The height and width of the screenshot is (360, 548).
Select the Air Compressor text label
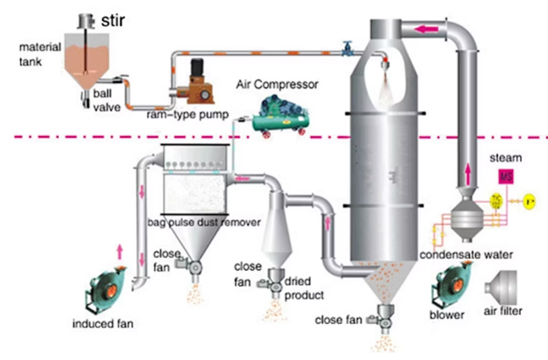click(x=276, y=85)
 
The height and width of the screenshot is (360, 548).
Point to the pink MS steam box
click(x=505, y=177)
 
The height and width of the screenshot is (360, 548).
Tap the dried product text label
click(x=304, y=288)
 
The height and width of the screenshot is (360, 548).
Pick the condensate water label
click(x=466, y=255)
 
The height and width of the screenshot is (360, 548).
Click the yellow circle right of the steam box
click(x=529, y=201)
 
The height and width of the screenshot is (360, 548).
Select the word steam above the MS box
click(x=505, y=158)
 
